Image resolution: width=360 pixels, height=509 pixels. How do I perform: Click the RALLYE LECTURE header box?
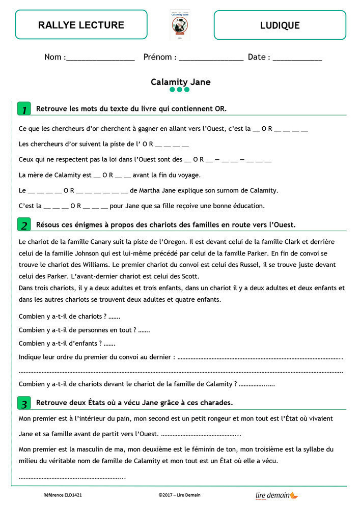click(81, 25)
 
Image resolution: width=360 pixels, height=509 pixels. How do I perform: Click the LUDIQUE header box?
click(280, 25)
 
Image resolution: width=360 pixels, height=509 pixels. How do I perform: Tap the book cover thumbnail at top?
click(179, 24)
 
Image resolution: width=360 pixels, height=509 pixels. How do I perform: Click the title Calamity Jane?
click(180, 82)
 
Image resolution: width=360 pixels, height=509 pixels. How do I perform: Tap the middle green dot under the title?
click(180, 90)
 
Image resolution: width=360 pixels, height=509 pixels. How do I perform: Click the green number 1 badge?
click(23, 109)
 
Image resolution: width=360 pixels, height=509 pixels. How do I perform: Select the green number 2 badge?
click(23, 225)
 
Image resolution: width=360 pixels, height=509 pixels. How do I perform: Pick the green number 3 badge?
click(23, 404)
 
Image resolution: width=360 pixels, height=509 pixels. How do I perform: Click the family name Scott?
click(189, 276)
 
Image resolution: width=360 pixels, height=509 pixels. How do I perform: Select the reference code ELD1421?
click(63, 495)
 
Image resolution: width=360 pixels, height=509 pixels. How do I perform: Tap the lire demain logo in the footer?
click(276, 495)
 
